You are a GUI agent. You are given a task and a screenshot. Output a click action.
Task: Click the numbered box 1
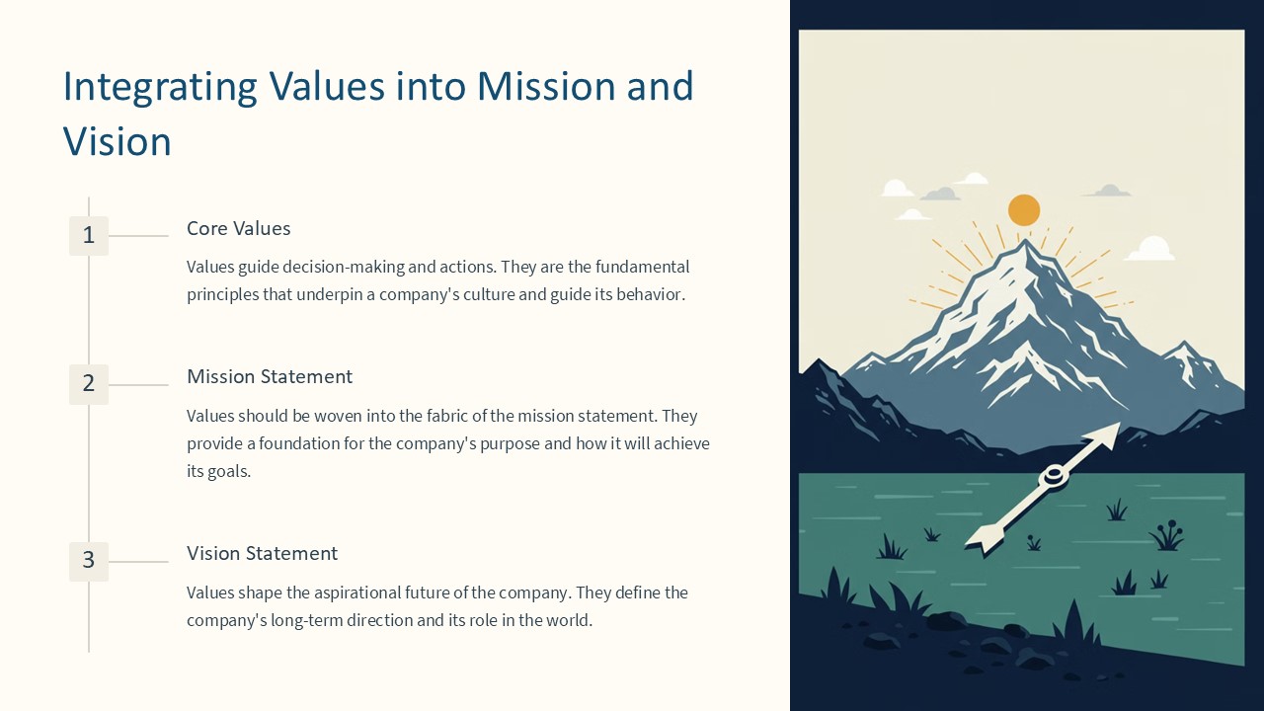coord(89,236)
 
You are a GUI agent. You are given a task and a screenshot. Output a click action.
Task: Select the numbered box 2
coord(89,384)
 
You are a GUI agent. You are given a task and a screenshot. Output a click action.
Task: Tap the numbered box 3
coord(89,561)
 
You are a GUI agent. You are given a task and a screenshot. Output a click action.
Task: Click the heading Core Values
coord(239,228)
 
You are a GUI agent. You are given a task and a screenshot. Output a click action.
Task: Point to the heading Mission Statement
coord(270,376)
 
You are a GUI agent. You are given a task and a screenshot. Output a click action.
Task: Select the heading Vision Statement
coord(262,553)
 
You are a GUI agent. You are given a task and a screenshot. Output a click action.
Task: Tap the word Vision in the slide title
coord(118,142)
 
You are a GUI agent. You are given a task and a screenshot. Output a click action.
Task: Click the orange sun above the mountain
coord(1024,210)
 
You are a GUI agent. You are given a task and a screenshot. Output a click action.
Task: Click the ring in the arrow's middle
coord(1054,476)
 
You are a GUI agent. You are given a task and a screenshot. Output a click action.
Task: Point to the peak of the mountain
coord(1026,242)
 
